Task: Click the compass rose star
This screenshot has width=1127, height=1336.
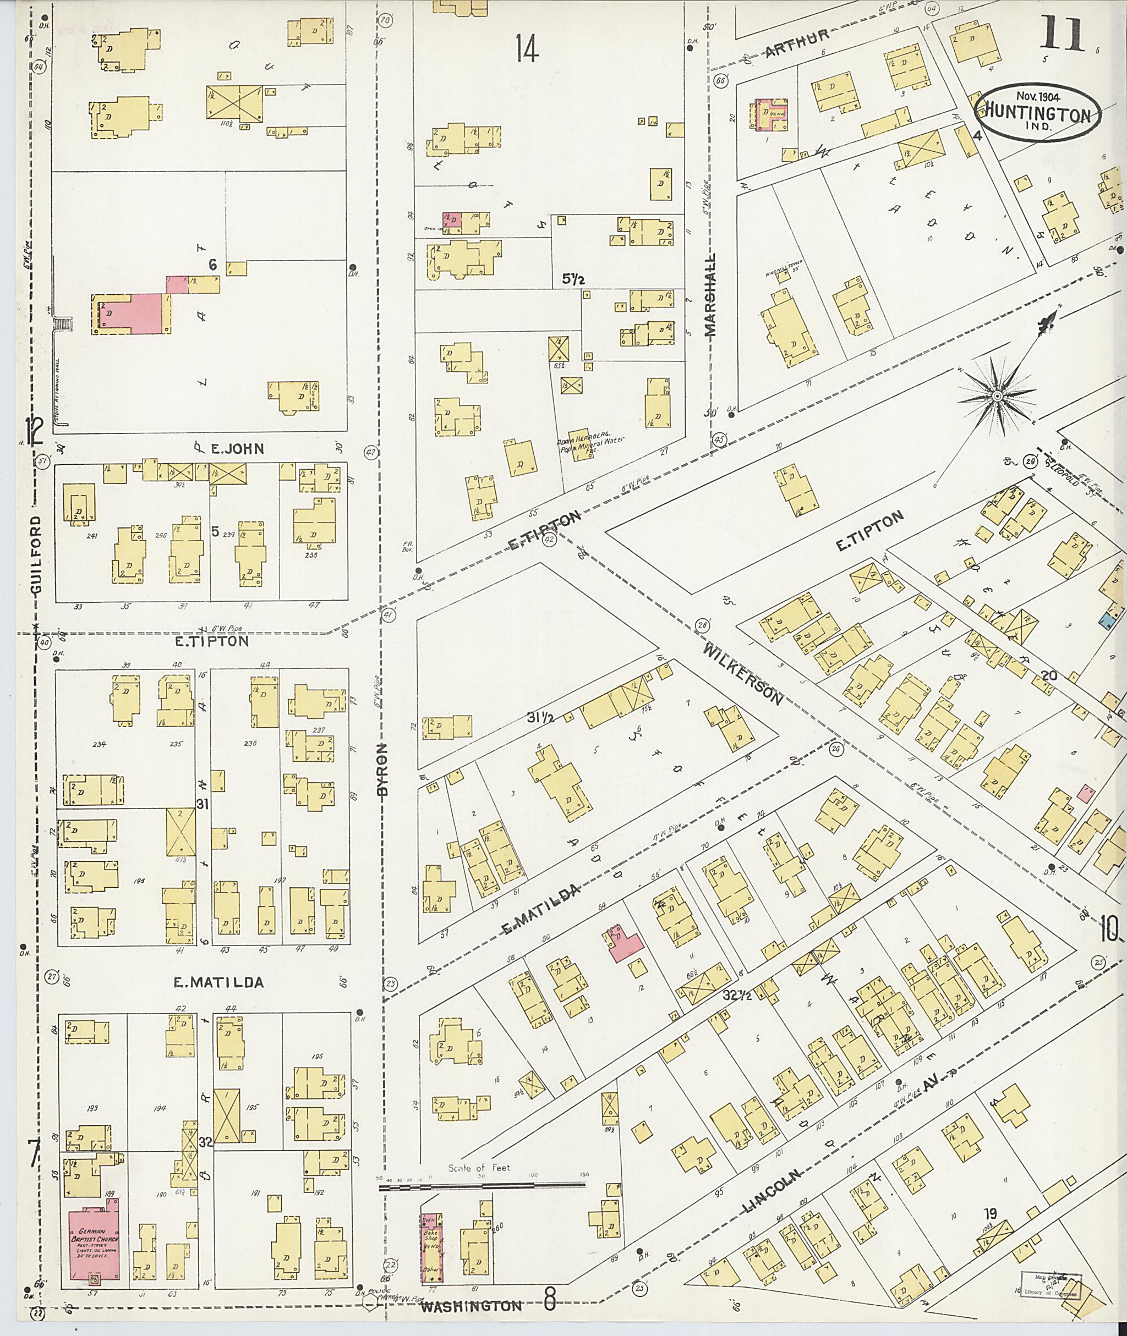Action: (x=996, y=397)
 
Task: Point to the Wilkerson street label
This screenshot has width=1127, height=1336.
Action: (x=745, y=674)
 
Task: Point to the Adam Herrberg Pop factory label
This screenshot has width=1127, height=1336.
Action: (x=592, y=443)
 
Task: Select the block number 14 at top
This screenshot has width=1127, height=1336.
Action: (x=528, y=48)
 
